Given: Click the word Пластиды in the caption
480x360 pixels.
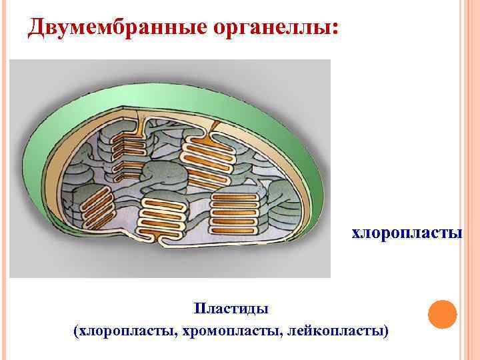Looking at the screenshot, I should click(231, 309).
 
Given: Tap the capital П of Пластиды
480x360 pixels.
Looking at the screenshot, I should click(198, 309).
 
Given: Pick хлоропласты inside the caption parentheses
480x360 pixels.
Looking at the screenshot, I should click(125, 330).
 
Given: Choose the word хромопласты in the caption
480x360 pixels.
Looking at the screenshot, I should click(229, 330).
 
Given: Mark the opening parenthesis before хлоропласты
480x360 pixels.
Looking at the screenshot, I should click(75, 330).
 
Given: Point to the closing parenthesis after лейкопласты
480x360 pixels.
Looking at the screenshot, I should click(387, 330).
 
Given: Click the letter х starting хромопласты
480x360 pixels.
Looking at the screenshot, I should click(184, 331).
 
